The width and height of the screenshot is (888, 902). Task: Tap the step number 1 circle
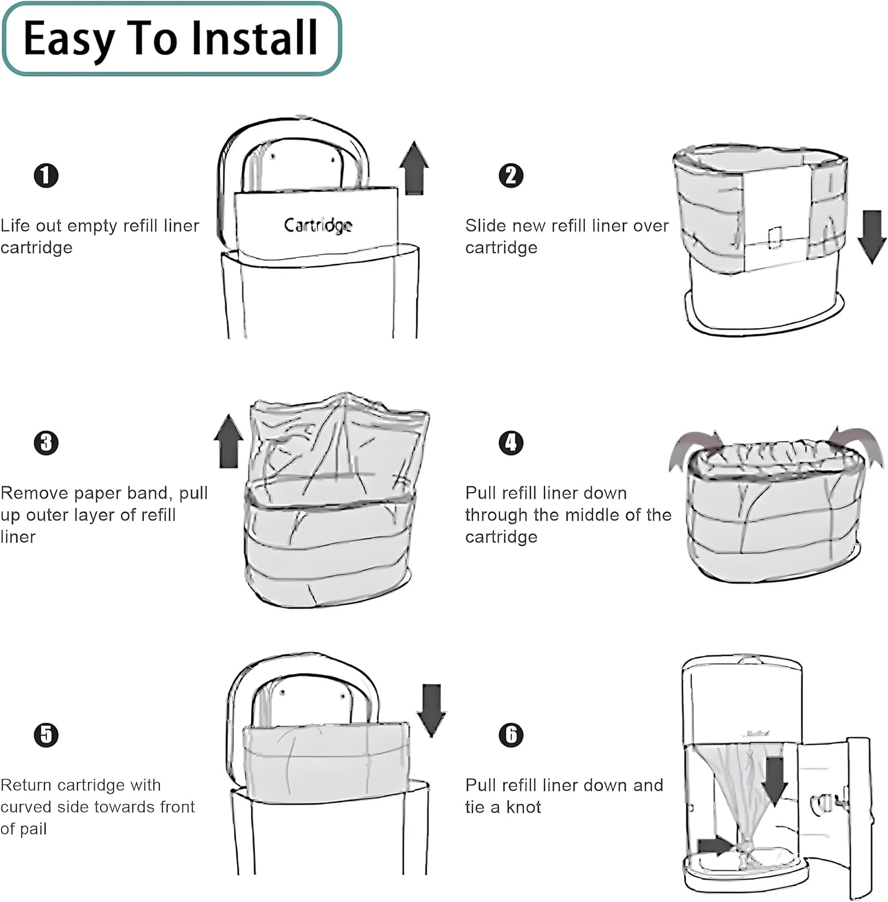[x=46, y=176]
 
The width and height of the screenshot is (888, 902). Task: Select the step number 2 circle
[x=511, y=176]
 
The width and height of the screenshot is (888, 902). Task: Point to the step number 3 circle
[x=46, y=443]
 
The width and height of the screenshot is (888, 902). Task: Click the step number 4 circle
[x=511, y=443]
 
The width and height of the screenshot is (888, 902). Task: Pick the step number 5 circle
[x=46, y=735]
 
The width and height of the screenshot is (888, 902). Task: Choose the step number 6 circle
[x=511, y=735]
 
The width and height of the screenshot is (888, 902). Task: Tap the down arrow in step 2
[x=871, y=236]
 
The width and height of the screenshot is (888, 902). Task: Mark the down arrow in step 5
[x=431, y=710]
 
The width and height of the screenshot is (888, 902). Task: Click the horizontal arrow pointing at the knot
[x=715, y=845]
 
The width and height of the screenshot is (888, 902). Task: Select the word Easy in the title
[x=69, y=38]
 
